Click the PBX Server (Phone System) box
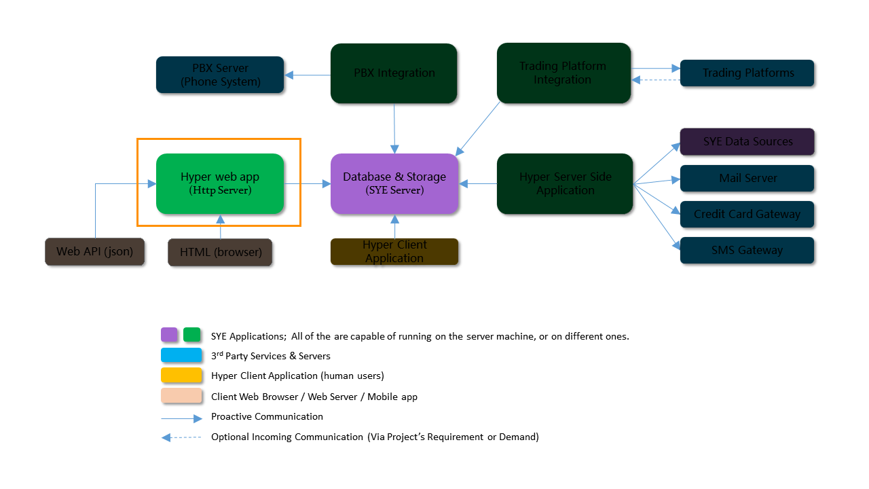click(220, 75)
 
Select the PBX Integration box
click(394, 73)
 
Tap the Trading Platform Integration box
click(563, 73)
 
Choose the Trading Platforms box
click(747, 73)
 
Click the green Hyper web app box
click(220, 183)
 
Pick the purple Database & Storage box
click(394, 183)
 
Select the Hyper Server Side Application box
click(565, 183)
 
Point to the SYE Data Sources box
click(747, 142)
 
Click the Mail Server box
click(747, 179)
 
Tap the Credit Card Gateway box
click(747, 215)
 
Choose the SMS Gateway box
click(747, 251)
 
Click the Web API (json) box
click(95, 251)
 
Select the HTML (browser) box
click(220, 252)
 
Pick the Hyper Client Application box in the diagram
click(394, 252)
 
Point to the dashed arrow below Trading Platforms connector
click(656, 81)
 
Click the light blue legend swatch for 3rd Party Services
click(181, 355)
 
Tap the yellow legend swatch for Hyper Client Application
click(181, 376)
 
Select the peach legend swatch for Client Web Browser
click(181, 396)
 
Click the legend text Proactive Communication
click(267, 416)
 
